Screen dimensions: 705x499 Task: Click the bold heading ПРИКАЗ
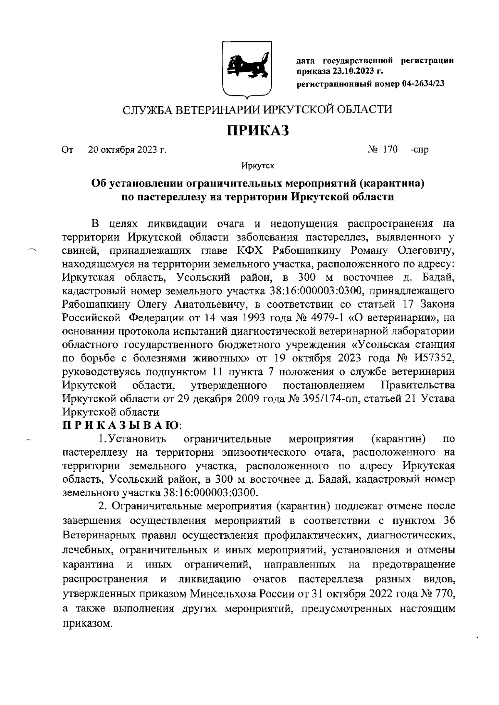pyautogui.click(x=257, y=131)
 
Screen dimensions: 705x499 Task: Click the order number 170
pyautogui.click(x=390, y=149)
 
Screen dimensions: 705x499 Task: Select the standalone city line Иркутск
pyautogui.click(x=257, y=167)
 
